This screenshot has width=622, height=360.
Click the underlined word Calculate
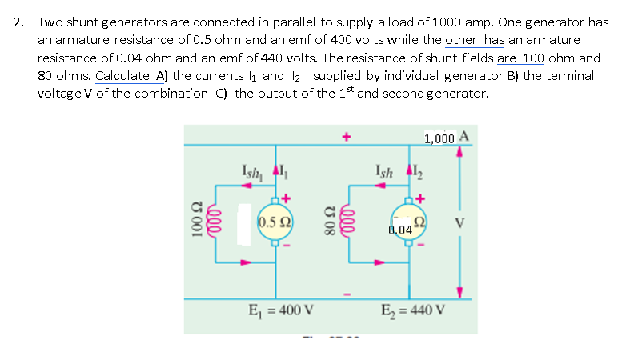point(123,75)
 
